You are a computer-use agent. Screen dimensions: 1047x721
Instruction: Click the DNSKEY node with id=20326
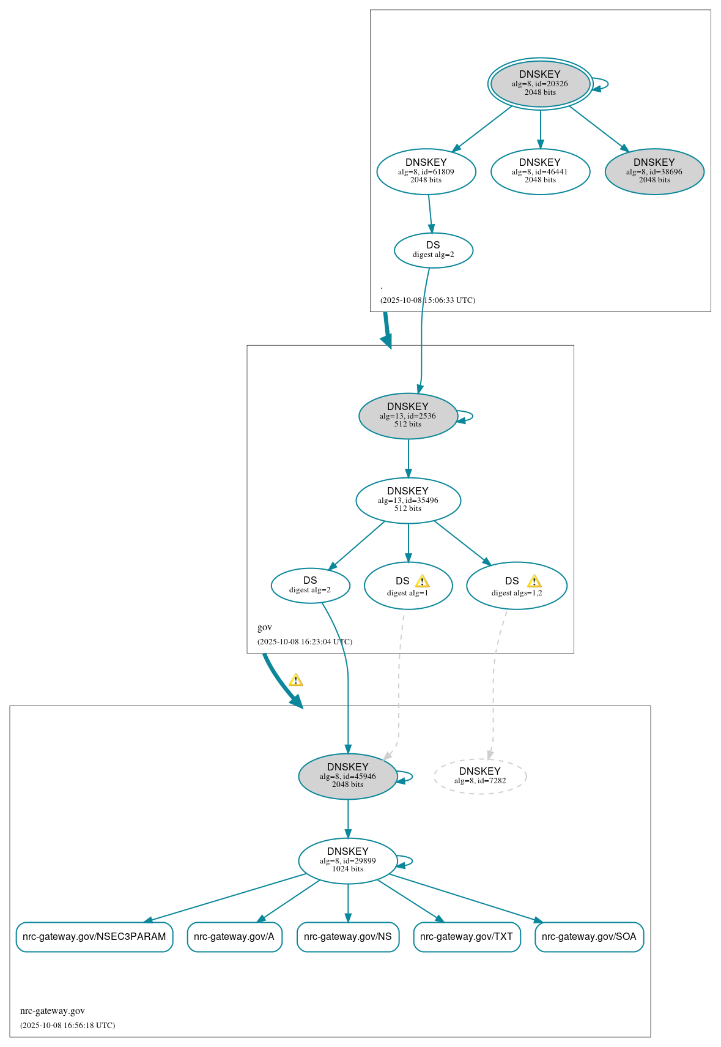click(x=540, y=84)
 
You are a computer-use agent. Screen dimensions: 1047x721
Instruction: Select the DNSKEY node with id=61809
click(x=426, y=171)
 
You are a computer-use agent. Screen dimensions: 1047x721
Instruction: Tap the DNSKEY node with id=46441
click(x=540, y=171)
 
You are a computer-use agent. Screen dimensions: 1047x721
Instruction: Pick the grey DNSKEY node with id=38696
click(x=654, y=171)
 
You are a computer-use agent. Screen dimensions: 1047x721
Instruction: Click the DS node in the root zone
click(x=433, y=250)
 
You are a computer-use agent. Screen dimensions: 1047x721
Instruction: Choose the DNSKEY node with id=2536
click(x=408, y=415)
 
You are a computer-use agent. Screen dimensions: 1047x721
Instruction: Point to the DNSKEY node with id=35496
click(x=408, y=500)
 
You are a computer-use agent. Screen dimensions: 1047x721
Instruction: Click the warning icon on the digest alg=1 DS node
click(x=422, y=581)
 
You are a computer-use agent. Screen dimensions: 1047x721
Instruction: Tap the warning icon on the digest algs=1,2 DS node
click(x=534, y=581)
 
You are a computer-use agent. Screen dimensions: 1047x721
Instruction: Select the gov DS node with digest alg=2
click(x=310, y=586)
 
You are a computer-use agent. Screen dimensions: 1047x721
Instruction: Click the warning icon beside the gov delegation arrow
click(x=296, y=680)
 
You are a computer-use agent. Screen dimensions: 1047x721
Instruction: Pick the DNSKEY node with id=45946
click(x=347, y=776)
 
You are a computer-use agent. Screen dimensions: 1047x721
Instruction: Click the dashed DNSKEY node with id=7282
click(x=480, y=776)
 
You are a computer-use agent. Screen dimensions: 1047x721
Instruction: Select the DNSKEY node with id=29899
click(x=347, y=860)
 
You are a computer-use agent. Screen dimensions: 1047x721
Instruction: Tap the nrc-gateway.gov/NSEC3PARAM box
click(x=94, y=937)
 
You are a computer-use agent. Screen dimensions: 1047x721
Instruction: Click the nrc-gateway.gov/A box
click(x=234, y=937)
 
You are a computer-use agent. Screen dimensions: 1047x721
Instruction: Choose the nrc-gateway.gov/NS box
click(x=347, y=937)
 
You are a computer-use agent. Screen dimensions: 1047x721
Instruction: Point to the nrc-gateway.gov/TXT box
click(x=467, y=937)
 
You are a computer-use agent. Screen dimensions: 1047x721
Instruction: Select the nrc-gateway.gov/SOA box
click(x=589, y=937)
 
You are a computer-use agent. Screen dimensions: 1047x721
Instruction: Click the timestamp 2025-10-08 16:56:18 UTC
click(x=67, y=1025)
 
